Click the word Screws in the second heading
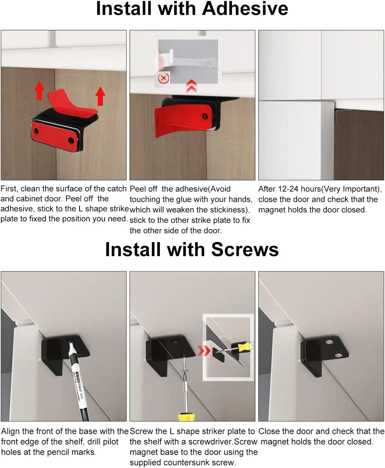point(245,250)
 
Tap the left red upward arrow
point(39,90)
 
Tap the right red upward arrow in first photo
point(100,96)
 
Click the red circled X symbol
point(164,78)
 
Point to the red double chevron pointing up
point(192,86)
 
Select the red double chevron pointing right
point(204,351)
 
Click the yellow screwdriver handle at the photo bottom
point(186,417)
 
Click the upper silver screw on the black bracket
point(329,342)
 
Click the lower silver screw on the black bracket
point(338,355)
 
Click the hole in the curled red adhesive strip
point(205,116)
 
